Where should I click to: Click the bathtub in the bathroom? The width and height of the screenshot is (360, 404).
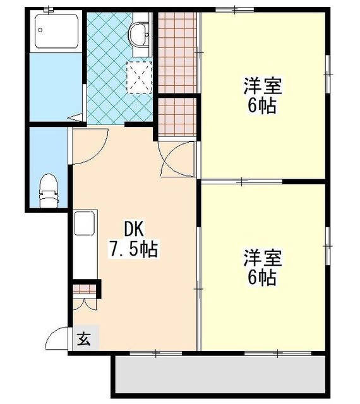click(56, 31)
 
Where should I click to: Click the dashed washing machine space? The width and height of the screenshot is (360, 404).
click(139, 78)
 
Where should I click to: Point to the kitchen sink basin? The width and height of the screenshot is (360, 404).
click(85, 223)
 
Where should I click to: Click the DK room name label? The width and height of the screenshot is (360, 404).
click(134, 229)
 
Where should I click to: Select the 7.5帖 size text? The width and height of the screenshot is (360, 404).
click(134, 249)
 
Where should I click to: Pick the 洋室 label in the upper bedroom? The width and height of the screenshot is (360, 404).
click(263, 86)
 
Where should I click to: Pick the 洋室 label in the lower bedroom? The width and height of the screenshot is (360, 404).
click(263, 258)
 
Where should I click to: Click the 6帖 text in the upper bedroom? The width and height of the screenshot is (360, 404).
click(262, 105)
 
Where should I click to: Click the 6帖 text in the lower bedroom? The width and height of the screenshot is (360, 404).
click(262, 278)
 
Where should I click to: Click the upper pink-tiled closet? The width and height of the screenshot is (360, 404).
click(177, 53)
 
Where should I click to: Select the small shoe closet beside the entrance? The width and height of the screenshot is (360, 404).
click(85, 289)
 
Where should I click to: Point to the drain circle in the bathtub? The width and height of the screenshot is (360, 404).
click(40, 30)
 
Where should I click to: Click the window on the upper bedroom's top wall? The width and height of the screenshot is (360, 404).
click(235, 10)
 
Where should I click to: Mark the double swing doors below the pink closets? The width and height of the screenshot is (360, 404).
click(177, 159)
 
